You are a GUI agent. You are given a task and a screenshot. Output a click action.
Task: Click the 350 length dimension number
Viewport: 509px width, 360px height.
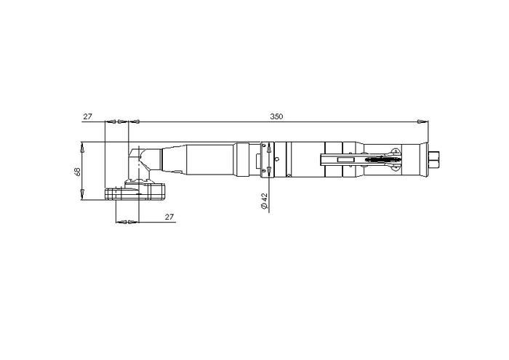(276, 116)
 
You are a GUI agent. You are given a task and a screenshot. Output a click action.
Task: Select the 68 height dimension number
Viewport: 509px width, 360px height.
(78, 172)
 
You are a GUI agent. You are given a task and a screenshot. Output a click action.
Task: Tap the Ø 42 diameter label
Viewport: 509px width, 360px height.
(264, 201)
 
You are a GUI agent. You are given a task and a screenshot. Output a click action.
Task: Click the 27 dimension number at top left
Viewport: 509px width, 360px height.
(88, 116)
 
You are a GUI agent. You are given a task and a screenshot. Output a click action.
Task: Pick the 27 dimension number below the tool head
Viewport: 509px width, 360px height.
(169, 217)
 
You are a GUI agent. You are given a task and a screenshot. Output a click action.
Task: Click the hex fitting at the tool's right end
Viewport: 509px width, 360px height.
(433, 159)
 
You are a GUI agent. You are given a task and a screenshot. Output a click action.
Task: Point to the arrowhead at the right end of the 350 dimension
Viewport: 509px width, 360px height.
(420, 121)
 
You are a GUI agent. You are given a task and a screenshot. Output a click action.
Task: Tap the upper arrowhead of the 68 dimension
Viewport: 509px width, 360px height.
(82, 149)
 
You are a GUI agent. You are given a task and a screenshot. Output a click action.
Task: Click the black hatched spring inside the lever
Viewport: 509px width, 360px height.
(382, 159)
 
